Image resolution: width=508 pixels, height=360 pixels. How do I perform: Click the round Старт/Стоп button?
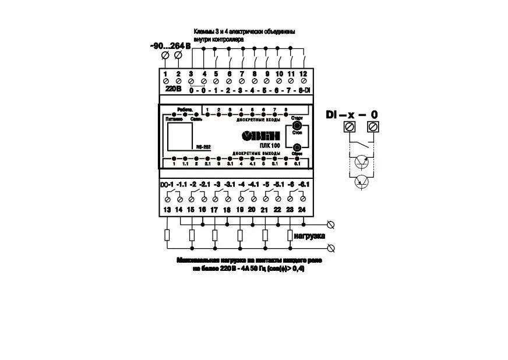click(x=297, y=126)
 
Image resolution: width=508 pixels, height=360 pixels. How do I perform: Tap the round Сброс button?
click(x=297, y=148)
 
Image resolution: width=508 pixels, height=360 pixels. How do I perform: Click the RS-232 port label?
click(x=203, y=147)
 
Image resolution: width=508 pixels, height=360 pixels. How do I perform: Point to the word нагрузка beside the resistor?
click(x=309, y=237)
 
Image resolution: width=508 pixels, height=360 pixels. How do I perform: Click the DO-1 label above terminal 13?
click(x=167, y=185)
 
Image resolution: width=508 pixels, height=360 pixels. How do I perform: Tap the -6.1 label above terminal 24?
click(x=303, y=185)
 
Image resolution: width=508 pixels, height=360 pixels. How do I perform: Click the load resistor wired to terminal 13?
click(x=167, y=235)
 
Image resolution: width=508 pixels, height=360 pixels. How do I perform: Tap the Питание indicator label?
click(x=174, y=118)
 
